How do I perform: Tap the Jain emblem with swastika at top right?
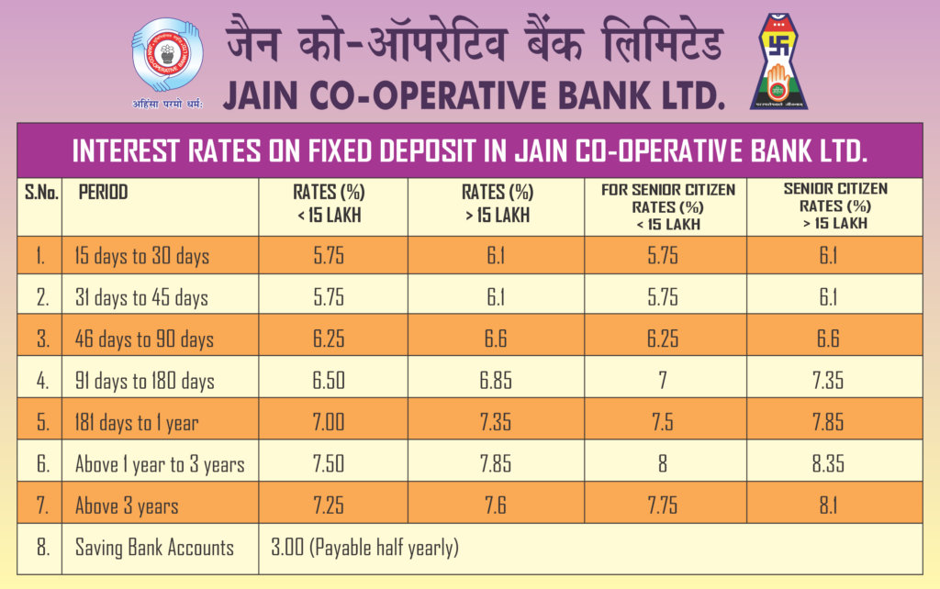pos(780,61)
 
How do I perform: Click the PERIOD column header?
pos(104,193)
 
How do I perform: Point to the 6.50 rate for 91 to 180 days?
pos(328,380)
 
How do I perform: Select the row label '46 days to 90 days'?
pos(144,339)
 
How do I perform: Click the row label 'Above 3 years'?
pos(127,506)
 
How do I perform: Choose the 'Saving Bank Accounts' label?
pos(154,549)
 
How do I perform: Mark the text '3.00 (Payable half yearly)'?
pos(364,549)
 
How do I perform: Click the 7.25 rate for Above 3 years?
pos(328,506)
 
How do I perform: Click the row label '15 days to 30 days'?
pos(142,255)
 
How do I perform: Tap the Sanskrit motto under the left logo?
pos(167,103)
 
